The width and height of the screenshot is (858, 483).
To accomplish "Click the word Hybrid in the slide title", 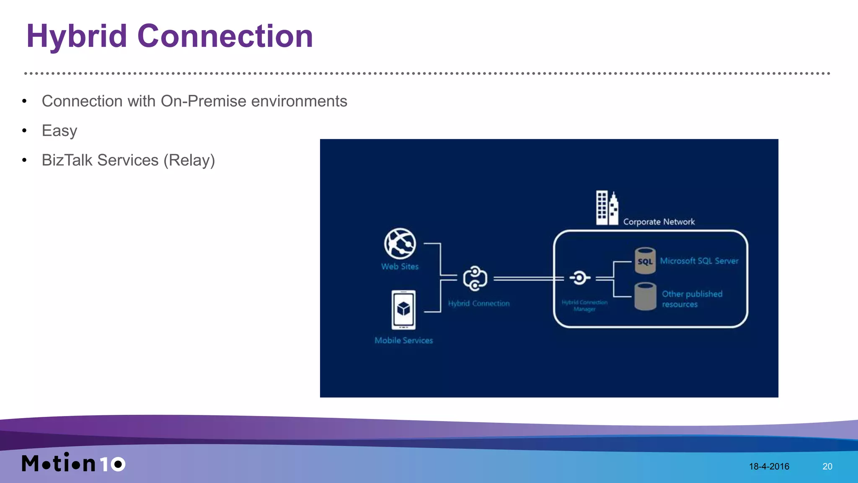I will pyautogui.click(x=77, y=36).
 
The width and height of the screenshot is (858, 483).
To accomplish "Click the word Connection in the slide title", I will pyautogui.click(x=225, y=36).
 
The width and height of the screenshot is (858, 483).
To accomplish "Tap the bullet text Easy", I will pyautogui.click(x=59, y=131).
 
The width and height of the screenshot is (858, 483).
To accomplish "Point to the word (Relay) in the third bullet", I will pyautogui.click(x=189, y=160).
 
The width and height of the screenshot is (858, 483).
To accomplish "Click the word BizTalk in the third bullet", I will pyautogui.click(x=67, y=160).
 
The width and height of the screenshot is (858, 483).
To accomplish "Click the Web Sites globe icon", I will pyautogui.click(x=400, y=244).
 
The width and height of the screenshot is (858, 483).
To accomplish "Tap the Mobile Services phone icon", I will pyautogui.click(x=403, y=310).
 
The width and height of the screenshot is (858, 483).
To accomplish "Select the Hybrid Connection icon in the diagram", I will pyautogui.click(x=475, y=278).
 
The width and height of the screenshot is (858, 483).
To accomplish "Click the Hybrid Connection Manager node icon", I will pyautogui.click(x=579, y=277).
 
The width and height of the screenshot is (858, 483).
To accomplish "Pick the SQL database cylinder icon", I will pyautogui.click(x=645, y=261).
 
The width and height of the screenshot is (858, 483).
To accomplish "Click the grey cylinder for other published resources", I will pyautogui.click(x=645, y=296).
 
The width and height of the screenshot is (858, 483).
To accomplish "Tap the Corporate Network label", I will pyautogui.click(x=659, y=222).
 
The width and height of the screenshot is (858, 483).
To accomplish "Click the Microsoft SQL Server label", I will pyautogui.click(x=699, y=261).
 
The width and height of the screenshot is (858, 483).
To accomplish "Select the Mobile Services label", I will pyautogui.click(x=403, y=341).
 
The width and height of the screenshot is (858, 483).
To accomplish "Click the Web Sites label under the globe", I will pyautogui.click(x=400, y=267).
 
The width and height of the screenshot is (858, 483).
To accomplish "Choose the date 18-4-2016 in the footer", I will pyautogui.click(x=769, y=466).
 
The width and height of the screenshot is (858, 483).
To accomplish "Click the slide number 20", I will pyautogui.click(x=827, y=466).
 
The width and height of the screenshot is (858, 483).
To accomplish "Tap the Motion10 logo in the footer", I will pyautogui.click(x=73, y=463).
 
